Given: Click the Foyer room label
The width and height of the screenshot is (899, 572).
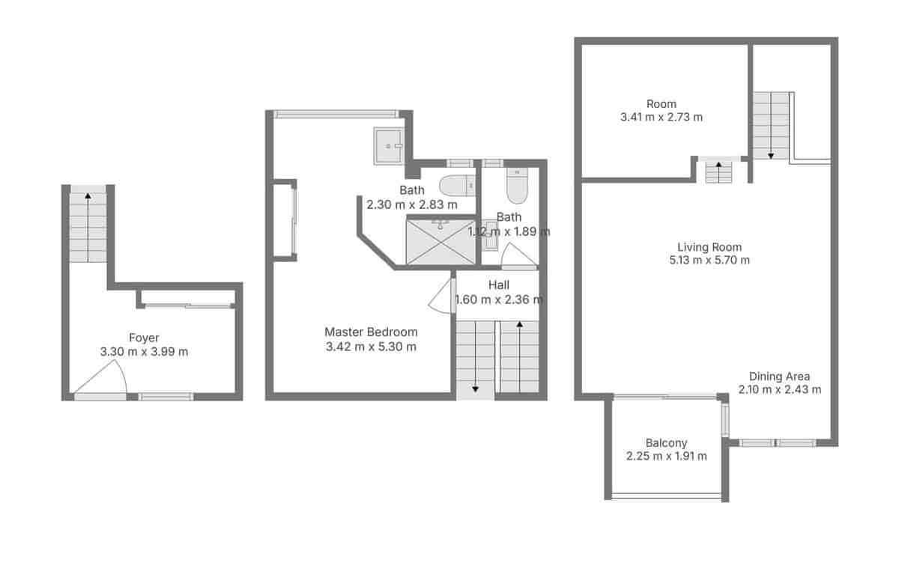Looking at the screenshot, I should (144, 338).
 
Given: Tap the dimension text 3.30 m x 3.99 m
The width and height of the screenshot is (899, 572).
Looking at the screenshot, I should (144, 351).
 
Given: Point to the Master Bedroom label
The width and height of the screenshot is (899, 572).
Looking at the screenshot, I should (371, 332).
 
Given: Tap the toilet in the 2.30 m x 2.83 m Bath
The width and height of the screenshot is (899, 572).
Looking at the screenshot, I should (457, 184).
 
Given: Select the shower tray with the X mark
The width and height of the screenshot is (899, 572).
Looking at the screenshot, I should (441, 241).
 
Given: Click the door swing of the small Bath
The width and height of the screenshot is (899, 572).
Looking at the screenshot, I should (519, 257).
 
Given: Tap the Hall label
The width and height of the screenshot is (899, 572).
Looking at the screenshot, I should (499, 285).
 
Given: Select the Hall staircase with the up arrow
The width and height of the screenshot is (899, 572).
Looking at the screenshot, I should (519, 356).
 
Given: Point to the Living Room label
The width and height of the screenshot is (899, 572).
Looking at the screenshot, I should (709, 247).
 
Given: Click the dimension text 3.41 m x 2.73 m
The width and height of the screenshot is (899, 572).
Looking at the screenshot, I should (662, 117).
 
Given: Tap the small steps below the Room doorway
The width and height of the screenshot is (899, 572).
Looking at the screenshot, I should (718, 172).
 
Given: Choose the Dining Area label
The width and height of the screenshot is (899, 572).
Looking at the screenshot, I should (779, 377).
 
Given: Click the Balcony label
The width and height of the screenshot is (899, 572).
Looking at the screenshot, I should (666, 442).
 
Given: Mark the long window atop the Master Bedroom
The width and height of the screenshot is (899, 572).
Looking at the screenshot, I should (335, 114).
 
